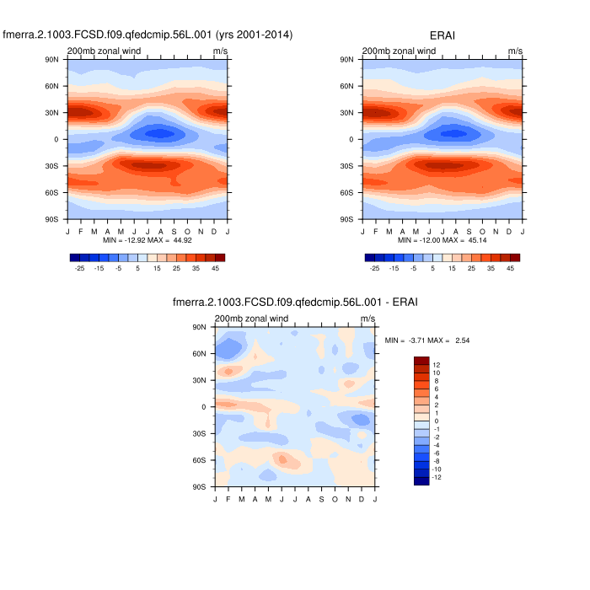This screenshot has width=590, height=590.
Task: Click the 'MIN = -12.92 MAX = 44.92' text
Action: [147, 240]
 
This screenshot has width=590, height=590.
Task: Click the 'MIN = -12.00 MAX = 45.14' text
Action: [442, 240]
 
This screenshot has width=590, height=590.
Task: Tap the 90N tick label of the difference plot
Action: [200, 327]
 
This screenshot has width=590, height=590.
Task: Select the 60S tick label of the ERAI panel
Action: [346, 192]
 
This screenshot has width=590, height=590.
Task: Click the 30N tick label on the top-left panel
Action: [51, 112]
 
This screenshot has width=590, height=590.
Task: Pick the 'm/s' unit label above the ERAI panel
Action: [515, 51]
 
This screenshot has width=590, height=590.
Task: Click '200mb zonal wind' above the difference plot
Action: [252, 319]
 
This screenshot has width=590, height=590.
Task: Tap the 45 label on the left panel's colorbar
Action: [215, 268]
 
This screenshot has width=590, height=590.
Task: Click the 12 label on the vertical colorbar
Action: [437, 365]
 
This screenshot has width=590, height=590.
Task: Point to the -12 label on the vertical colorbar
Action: [437, 477]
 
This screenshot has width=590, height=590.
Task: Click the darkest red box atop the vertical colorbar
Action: [421, 361]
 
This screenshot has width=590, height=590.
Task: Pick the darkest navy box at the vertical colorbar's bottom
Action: [421, 480]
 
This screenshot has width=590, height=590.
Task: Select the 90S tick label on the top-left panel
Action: [51, 219]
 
